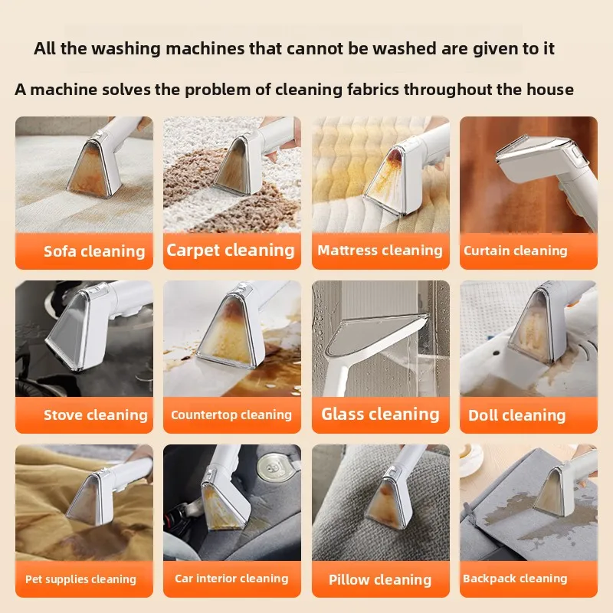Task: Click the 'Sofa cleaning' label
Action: coord(94,251)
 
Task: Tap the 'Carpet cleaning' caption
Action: coord(231,250)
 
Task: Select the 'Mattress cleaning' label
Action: coord(380,251)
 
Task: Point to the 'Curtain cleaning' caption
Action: coord(516,251)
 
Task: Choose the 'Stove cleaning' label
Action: coord(96,415)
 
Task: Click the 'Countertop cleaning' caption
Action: coord(231,415)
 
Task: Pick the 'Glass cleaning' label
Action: coord(380,415)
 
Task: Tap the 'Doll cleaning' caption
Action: coord(517,416)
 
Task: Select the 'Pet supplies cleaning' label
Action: coord(80,579)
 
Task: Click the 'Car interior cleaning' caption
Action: coord(231,579)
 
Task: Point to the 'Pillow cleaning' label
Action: coord(380,579)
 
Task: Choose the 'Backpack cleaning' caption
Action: coord(515,579)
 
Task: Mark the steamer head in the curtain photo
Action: coord(536,157)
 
